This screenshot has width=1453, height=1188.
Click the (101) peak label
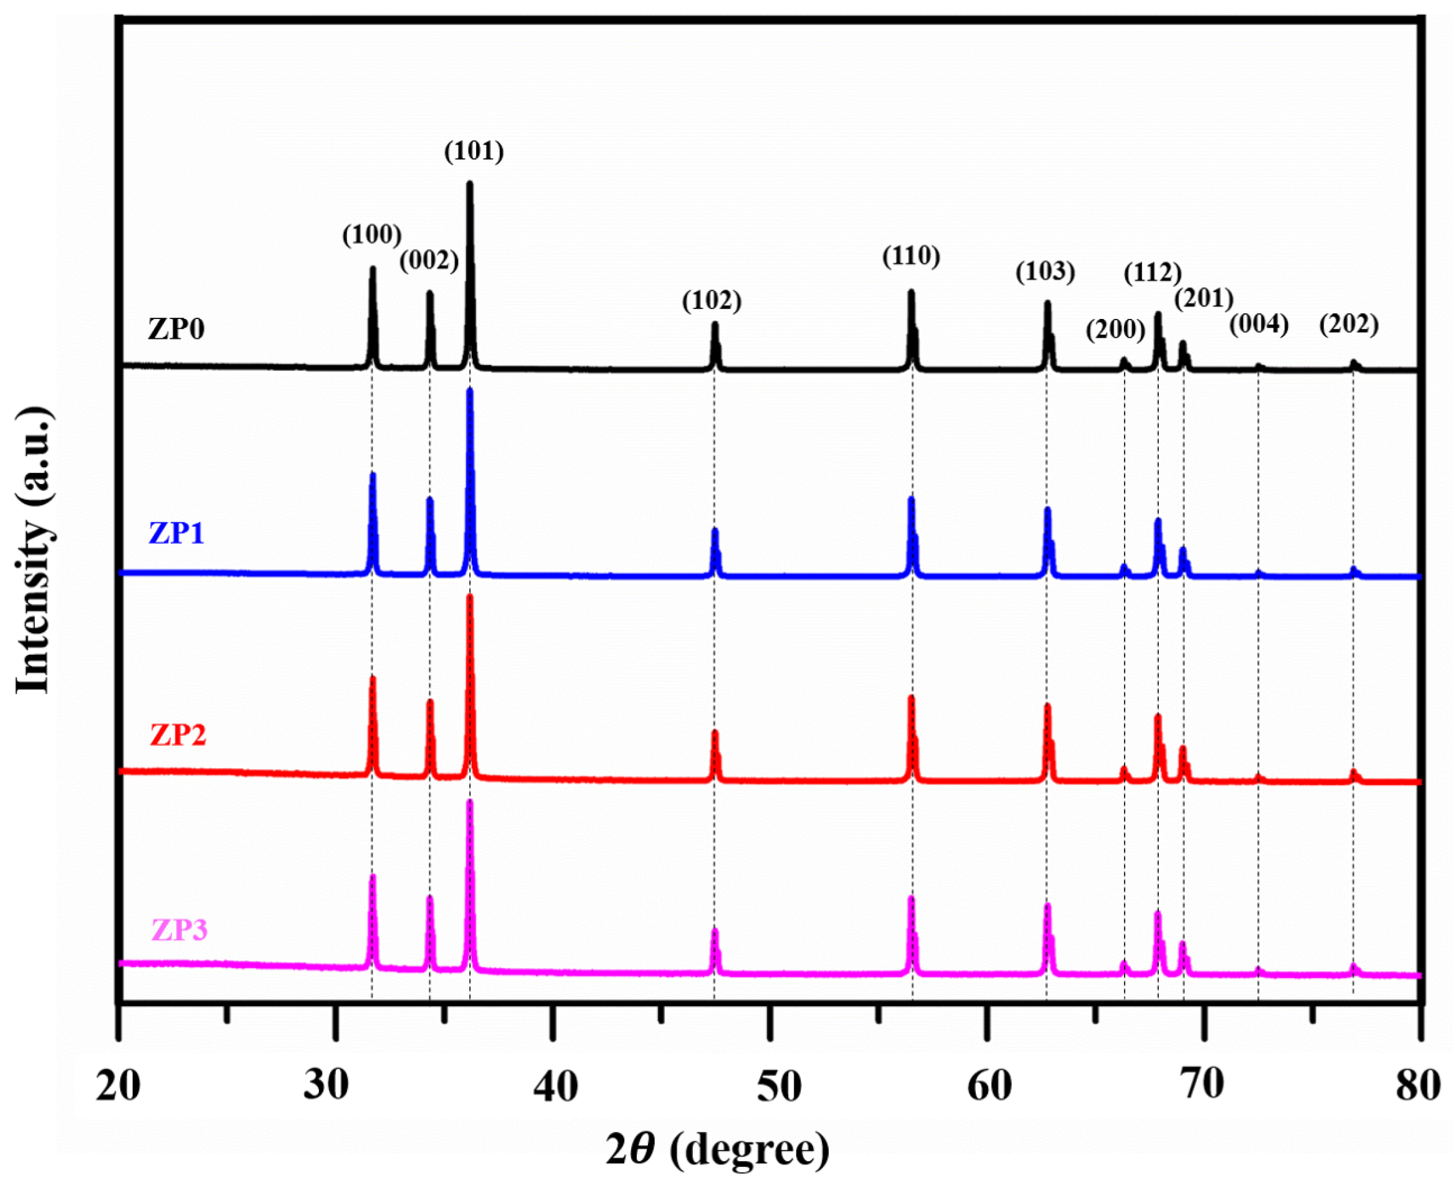[x=474, y=151]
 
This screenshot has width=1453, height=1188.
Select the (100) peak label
[x=371, y=235]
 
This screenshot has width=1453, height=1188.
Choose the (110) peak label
[x=911, y=256]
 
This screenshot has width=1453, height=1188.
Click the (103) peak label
[x=1045, y=272]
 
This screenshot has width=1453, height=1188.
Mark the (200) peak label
[x=1115, y=329]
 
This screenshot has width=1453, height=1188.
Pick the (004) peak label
[x=1259, y=324]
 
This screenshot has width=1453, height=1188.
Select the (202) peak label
[x=1349, y=324]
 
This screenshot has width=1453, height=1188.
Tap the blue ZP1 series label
[x=176, y=533]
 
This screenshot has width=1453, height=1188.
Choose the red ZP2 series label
[x=178, y=735]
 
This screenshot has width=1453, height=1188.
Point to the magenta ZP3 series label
[x=179, y=930]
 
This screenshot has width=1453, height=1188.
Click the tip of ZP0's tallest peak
[x=470, y=183]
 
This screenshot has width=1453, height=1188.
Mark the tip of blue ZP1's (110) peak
[x=911, y=498]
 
